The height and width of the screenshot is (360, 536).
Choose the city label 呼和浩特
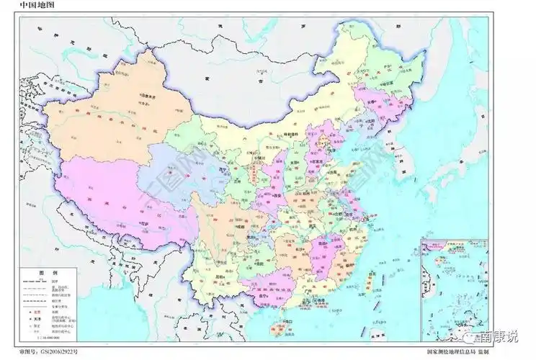(292, 134)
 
